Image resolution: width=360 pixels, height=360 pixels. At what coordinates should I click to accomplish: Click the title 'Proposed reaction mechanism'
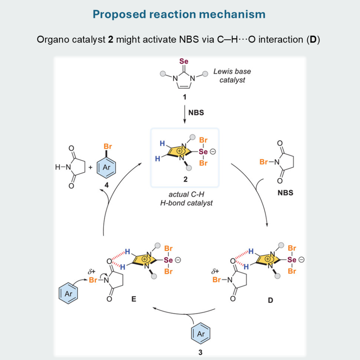click(x=179, y=14)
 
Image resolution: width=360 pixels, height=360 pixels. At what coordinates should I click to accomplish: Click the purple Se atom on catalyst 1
click(x=184, y=62)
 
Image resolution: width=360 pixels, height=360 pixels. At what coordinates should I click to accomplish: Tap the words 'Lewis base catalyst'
click(x=232, y=76)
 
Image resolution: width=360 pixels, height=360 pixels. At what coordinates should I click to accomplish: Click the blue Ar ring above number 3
click(x=200, y=333)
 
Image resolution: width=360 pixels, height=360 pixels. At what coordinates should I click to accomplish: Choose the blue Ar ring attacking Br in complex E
click(x=68, y=292)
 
